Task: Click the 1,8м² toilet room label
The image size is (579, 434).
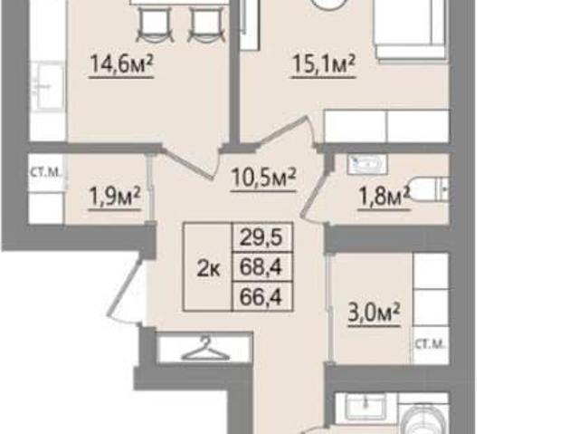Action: point(384,197)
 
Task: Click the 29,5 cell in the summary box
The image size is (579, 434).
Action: point(261,237)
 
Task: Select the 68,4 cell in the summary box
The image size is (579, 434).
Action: point(261,266)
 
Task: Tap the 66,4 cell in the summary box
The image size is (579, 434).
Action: point(261,296)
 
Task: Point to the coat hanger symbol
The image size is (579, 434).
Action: point(205,348)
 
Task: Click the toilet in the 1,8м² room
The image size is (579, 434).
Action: point(429,189)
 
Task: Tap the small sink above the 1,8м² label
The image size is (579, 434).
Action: point(366,163)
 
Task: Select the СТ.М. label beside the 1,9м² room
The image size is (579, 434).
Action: point(45,172)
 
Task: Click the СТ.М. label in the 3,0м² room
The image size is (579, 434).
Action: point(431,344)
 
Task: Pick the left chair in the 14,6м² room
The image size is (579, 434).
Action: point(156,25)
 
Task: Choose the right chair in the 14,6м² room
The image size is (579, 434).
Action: point(207,25)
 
